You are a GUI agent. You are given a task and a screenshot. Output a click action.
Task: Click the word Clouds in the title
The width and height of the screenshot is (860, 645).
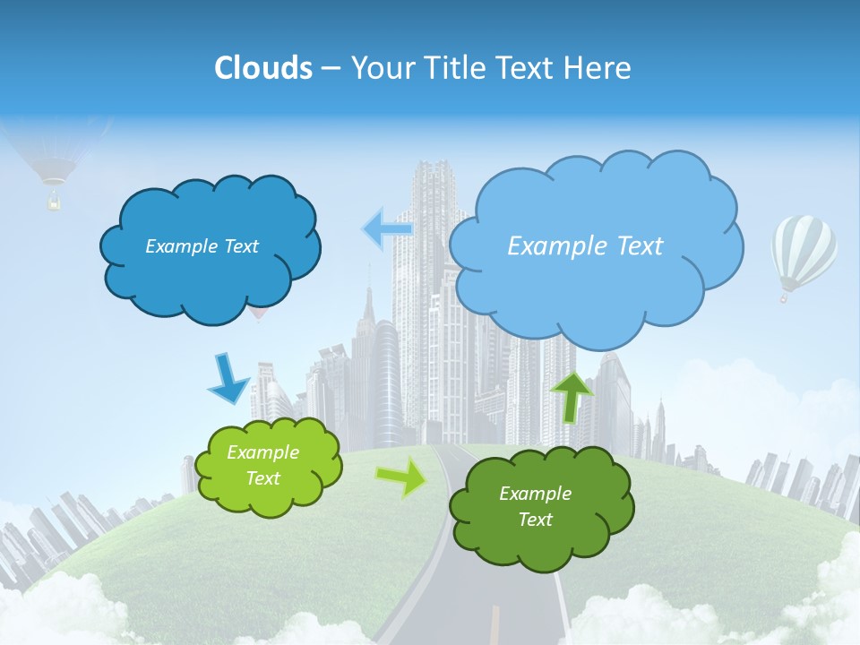pyautogui.click(x=263, y=68)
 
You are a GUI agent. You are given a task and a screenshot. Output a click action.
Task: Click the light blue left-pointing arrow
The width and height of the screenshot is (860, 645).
pyautogui.click(x=387, y=229)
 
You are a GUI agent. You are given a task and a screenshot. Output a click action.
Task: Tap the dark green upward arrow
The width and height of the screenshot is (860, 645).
pyautogui.click(x=572, y=396)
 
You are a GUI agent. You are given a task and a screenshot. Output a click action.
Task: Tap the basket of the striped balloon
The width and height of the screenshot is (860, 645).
pyautogui.click(x=785, y=297)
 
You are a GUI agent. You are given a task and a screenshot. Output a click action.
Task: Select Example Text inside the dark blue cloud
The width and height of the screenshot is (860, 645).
pyautogui.click(x=202, y=246)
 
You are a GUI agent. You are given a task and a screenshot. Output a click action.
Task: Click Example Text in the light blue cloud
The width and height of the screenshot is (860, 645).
pyautogui.click(x=585, y=246)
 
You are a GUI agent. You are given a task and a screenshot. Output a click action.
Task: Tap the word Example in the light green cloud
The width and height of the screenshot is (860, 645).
pyautogui.click(x=262, y=452)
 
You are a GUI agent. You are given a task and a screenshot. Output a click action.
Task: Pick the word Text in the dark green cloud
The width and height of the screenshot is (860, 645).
pyautogui.click(x=535, y=520)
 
